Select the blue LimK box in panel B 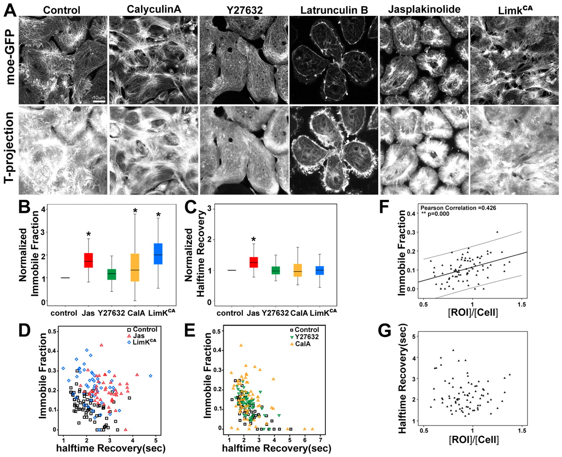coord(158,253)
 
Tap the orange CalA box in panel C coord(298,270)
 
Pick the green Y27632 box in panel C coord(276,270)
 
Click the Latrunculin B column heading coord(334,10)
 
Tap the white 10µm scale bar coord(99,101)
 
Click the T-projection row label coord(9,150)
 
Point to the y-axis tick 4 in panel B coord(43,209)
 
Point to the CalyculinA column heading coord(154,9)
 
